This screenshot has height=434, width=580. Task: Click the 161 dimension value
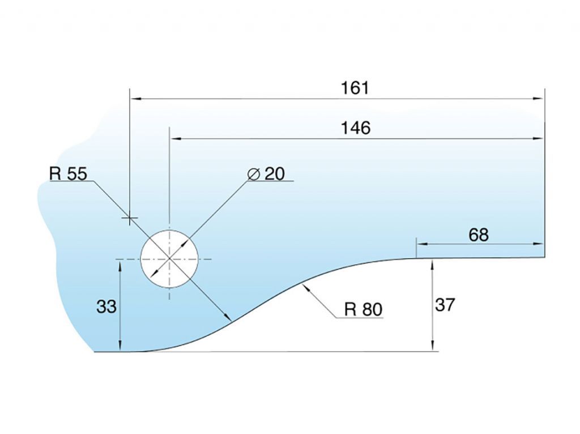click(x=355, y=88)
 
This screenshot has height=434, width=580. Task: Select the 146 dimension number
click(x=355, y=128)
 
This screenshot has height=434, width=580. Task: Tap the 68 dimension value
click(x=479, y=235)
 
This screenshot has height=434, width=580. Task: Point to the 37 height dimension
click(x=445, y=305)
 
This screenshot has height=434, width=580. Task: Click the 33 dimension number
click(x=106, y=307)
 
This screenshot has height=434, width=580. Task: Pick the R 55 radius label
click(x=69, y=173)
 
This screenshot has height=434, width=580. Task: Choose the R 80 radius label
click(x=363, y=309)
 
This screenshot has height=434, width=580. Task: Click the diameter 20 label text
click(x=266, y=173)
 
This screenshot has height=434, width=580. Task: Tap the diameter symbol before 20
click(x=254, y=174)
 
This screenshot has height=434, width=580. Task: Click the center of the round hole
click(x=169, y=258)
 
